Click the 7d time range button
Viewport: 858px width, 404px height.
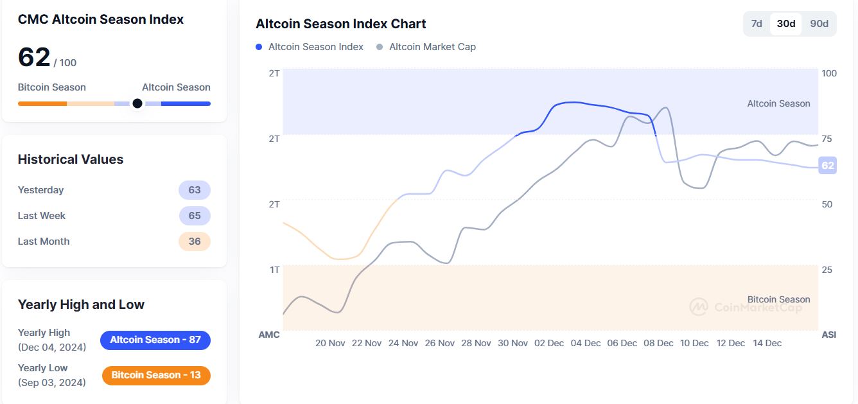(x=757, y=24)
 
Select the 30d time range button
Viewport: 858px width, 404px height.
(x=786, y=24)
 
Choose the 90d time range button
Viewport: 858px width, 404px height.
(x=819, y=24)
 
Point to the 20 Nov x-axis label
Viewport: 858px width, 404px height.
(x=330, y=343)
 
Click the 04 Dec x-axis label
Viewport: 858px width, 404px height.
(x=585, y=343)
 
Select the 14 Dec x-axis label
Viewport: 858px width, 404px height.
(x=767, y=343)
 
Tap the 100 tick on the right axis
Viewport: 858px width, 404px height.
(x=829, y=73)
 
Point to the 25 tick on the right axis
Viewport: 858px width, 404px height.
(x=827, y=270)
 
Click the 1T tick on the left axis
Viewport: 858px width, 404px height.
(x=274, y=270)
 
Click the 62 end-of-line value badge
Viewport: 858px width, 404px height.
(x=828, y=166)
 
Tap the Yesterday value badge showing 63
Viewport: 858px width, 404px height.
(x=195, y=190)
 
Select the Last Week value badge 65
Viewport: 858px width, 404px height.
(x=195, y=216)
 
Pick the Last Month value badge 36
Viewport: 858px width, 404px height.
(x=195, y=242)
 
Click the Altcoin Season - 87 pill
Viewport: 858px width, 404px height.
(x=155, y=340)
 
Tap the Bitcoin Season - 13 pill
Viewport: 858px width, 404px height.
(x=156, y=375)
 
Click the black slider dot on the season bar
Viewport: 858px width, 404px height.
(x=137, y=103)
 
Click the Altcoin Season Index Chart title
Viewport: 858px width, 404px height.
(x=341, y=24)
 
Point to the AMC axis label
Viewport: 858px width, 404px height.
(x=269, y=335)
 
